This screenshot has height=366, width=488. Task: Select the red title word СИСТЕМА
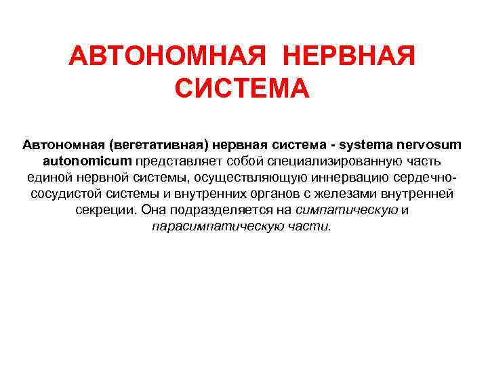(x=243, y=89)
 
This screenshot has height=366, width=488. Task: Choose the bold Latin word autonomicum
(x=87, y=161)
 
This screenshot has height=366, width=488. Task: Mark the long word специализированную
(x=338, y=161)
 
